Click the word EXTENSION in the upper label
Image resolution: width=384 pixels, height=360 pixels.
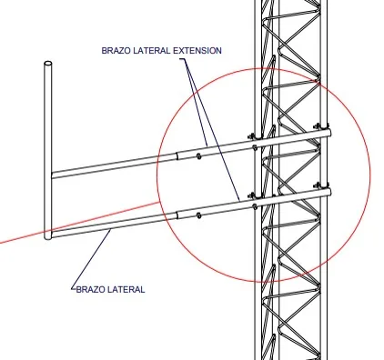point(197,50)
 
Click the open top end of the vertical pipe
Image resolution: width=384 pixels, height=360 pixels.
point(48,64)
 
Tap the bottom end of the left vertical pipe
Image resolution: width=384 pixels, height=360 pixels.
point(48,237)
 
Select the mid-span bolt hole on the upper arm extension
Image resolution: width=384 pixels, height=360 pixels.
point(198,156)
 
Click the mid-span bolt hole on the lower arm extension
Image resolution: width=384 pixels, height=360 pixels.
point(198,215)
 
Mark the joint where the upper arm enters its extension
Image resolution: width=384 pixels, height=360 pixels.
point(177,156)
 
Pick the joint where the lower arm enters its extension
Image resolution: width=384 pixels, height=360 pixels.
point(177,215)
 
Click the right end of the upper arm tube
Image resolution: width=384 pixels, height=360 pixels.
point(329,133)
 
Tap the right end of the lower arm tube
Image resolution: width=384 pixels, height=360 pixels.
point(329,193)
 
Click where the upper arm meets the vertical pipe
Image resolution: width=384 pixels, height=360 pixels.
point(52,175)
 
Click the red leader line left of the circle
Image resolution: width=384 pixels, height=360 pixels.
point(79,223)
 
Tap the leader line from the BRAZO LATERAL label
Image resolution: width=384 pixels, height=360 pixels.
point(91,259)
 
